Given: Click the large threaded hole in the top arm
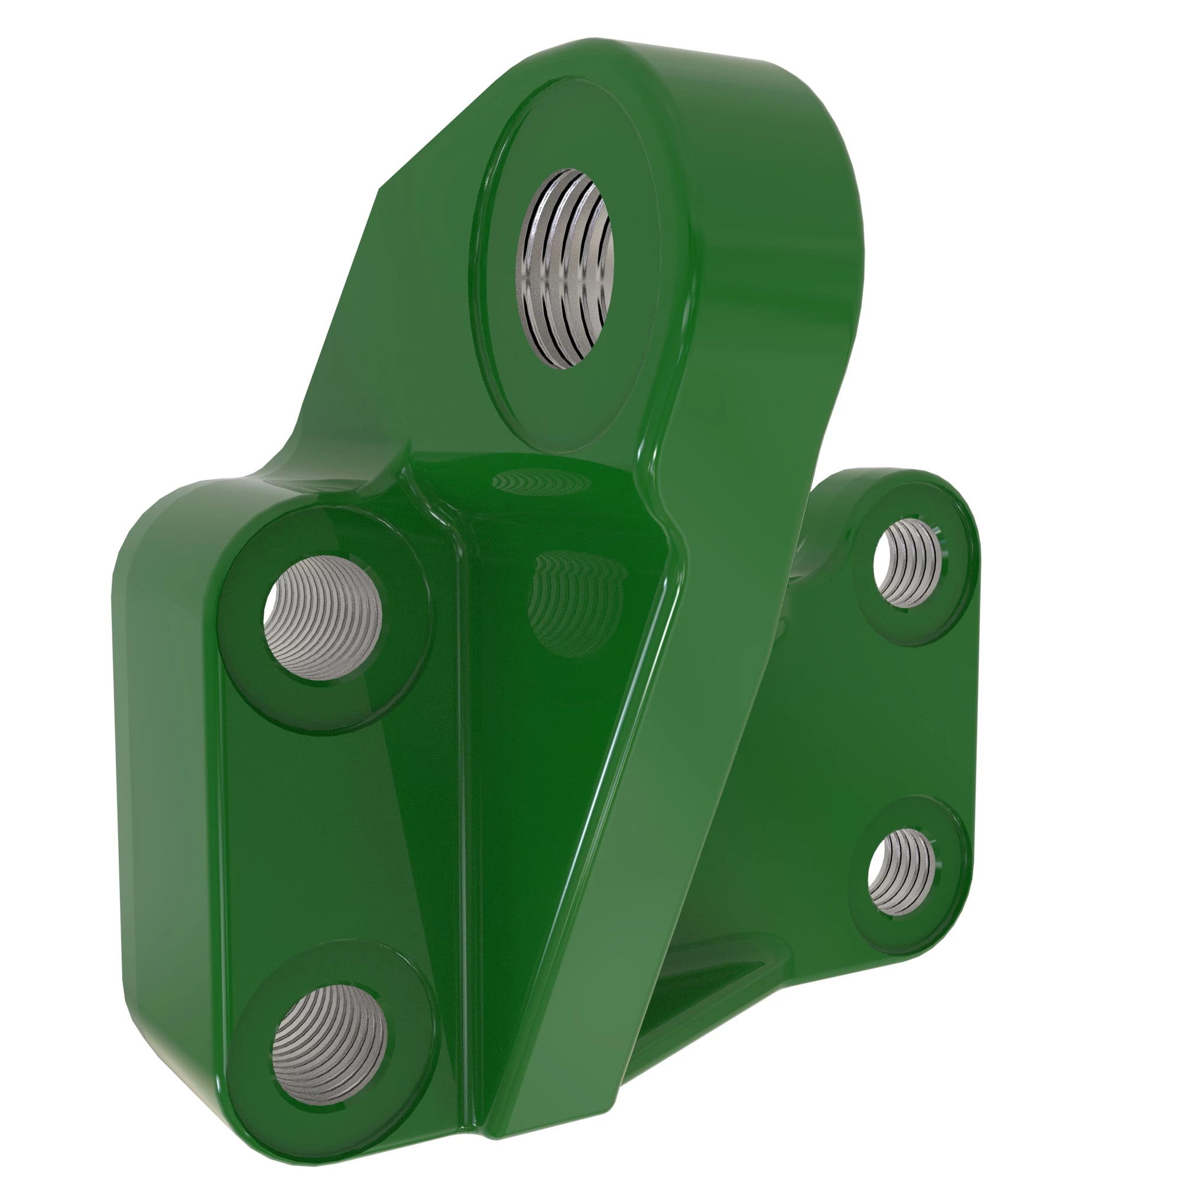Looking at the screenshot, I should pyautogui.click(x=564, y=269).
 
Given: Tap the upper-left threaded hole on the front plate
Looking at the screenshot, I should pyautogui.click(x=323, y=618).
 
